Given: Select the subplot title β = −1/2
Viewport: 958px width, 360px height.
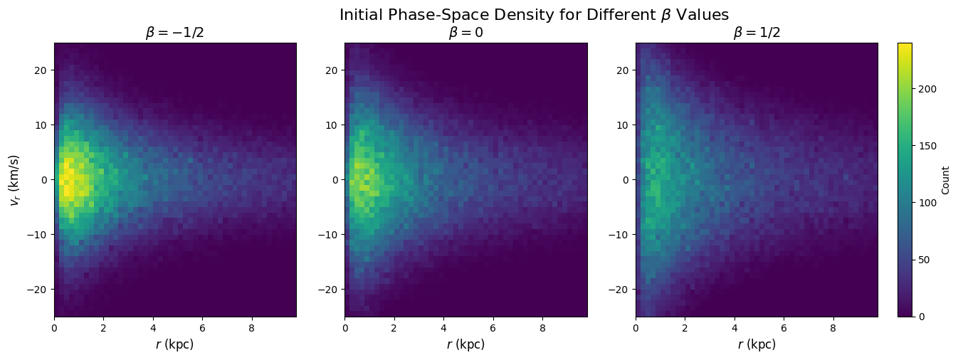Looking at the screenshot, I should [175, 33].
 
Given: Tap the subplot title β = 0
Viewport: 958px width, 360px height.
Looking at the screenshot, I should [465, 33].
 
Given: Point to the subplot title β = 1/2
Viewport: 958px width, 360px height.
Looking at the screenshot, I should [757, 33].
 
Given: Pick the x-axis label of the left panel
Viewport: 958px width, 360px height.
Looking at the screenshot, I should [175, 345].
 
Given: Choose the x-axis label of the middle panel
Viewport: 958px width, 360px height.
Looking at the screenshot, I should [465, 345].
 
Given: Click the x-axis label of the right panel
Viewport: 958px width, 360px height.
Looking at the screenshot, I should [757, 345].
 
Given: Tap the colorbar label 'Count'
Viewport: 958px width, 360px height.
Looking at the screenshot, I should [945, 180].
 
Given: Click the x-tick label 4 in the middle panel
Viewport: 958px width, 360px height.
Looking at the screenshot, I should [443, 329].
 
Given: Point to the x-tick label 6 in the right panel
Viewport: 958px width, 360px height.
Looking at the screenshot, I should [784, 329].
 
